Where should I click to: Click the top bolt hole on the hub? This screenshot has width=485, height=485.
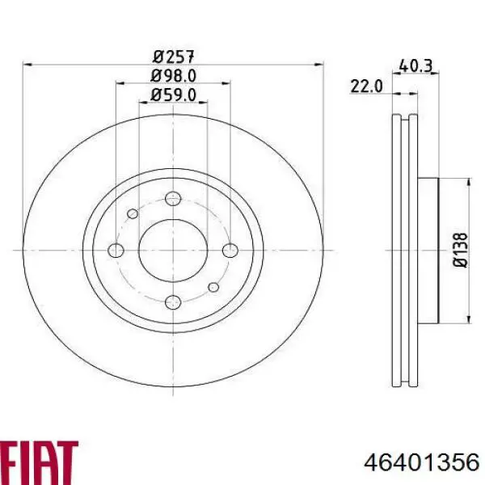(172, 199)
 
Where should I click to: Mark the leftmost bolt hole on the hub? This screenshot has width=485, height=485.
(116, 250)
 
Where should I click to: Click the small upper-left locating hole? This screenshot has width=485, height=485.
(133, 214)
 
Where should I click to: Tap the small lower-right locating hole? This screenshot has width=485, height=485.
(213, 287)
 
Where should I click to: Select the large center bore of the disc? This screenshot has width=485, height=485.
(172, 250)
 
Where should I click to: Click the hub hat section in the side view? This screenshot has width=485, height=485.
(428, 250)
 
